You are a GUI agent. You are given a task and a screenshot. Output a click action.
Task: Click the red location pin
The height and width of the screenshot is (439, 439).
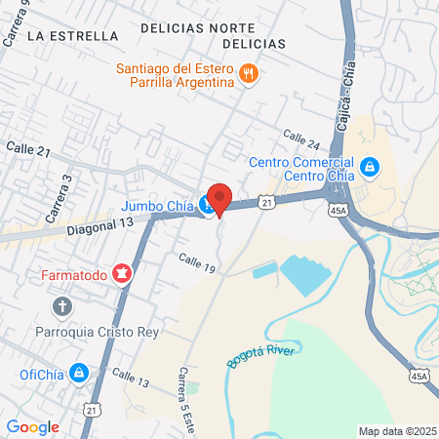(219, 199)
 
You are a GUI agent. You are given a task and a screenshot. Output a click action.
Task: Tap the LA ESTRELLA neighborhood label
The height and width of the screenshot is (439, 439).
(73, 35)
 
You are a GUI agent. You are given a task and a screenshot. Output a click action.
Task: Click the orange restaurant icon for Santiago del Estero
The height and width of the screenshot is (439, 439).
(250, 73)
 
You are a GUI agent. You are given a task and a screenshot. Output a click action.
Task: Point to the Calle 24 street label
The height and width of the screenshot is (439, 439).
(300, 140)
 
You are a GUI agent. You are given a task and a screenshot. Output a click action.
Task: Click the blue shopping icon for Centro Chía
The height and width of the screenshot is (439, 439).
(370, 168)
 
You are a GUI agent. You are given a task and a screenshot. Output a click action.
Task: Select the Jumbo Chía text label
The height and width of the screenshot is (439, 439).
(157, 206)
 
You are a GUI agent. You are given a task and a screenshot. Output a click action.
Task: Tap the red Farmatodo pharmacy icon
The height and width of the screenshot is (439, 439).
(123, 274)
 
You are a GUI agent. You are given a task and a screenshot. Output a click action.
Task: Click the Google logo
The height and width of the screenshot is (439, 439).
(33, 426)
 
